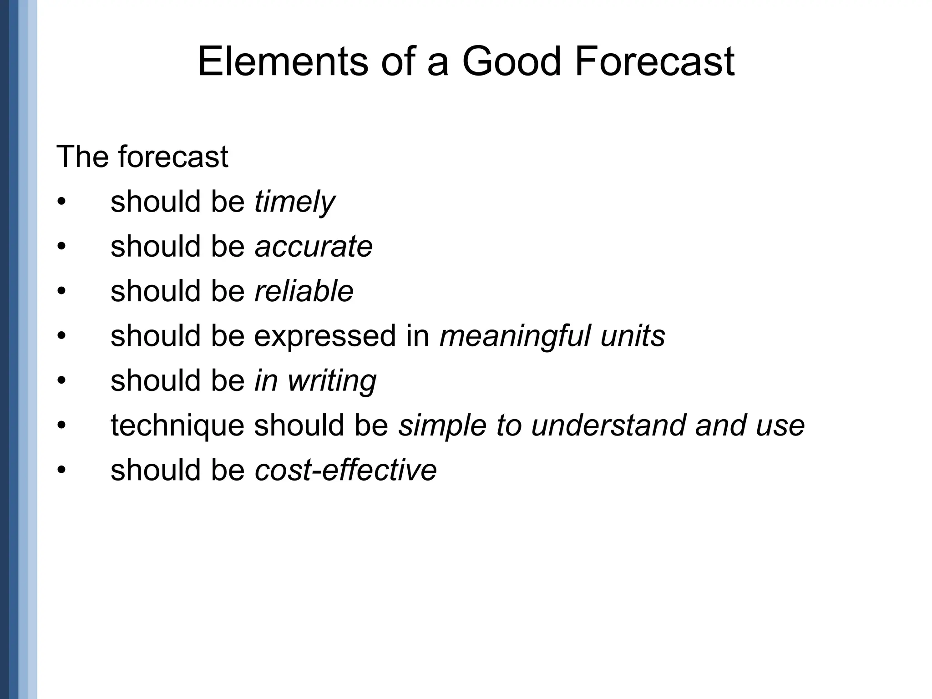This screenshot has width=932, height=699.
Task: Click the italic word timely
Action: click(294, 202)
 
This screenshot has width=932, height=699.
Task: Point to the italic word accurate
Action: click(314, 246)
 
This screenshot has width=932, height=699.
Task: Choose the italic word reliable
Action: click(304, 291)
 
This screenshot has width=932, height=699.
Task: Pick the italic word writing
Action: click(332, 380)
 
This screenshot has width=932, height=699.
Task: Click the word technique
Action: click(177, 425)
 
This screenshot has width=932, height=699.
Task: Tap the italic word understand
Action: click(608, 425)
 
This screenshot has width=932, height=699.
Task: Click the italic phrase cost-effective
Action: click(346, 470)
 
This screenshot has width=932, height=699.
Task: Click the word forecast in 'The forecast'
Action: click(173, 157)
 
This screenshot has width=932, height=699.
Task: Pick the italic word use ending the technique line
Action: click(780, 425)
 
